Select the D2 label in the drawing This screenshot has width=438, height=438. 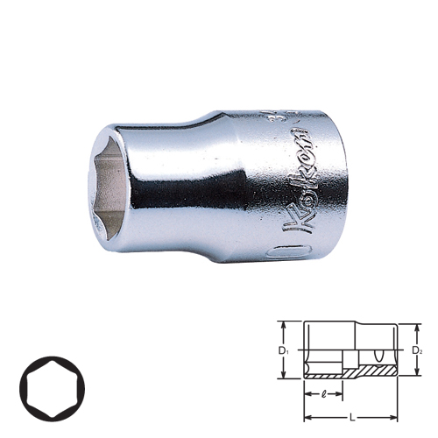(x=418, y=351)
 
